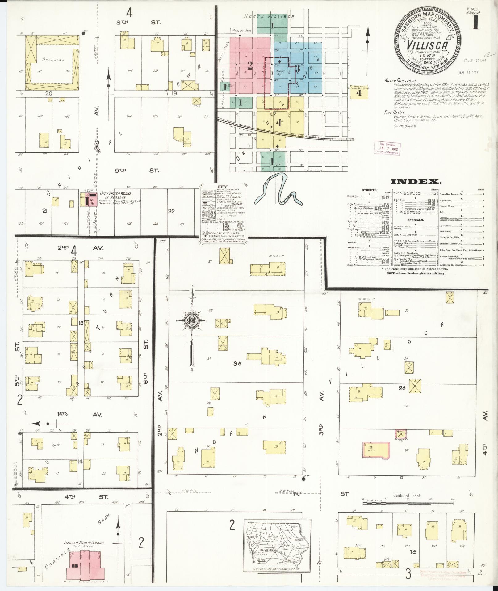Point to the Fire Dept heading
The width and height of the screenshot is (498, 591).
pos(392,112)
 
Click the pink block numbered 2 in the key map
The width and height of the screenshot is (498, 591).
pos(249,65)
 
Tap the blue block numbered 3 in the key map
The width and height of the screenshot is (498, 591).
pos(297,69)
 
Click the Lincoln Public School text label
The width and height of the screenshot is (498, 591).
pos(84,542)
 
